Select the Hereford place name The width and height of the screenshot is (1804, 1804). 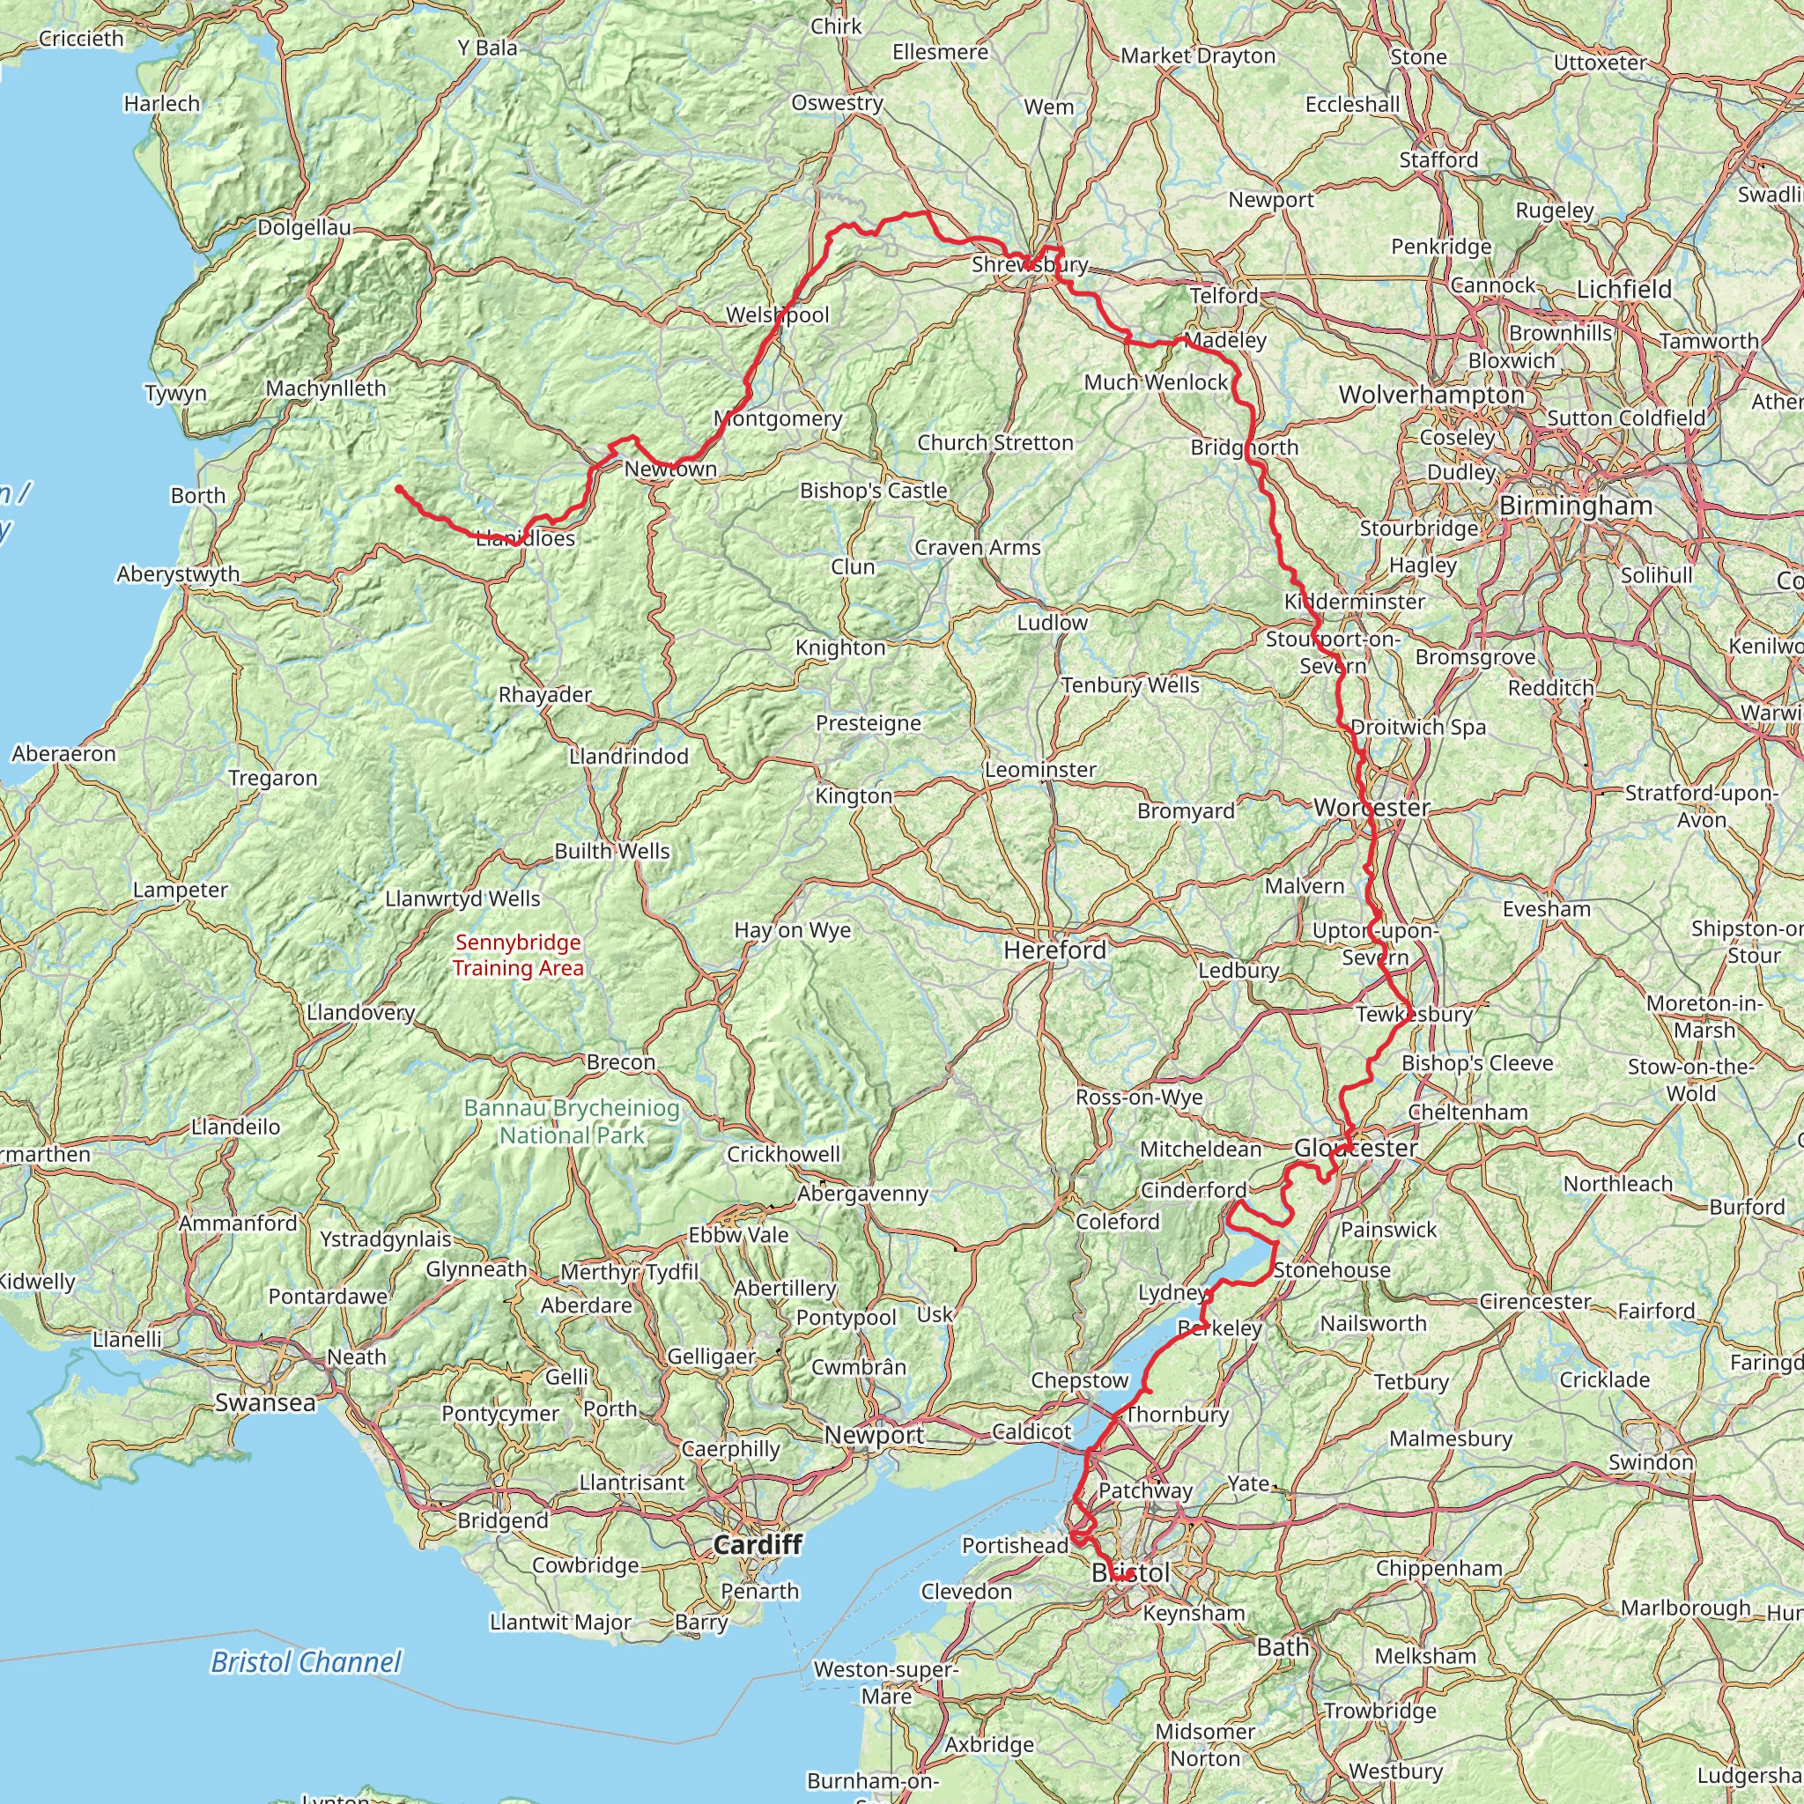click(1054, 950)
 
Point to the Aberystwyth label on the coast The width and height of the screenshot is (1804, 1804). click(178, 573)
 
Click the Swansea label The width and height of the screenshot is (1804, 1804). click(265, 1401)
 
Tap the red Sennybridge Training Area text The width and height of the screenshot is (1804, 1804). click(518, 954)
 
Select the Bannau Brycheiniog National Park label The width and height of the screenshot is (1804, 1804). click(572, 1121)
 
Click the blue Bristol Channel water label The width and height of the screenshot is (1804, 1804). click(306, 1661)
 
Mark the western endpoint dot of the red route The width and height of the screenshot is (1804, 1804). click(399, 488)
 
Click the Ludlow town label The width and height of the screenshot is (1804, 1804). click(1053, 622)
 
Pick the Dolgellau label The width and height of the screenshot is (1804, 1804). click(305, 227)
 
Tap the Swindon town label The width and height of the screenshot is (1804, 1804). click(1651, 1461)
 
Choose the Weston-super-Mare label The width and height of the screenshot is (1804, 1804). click(885, 1682)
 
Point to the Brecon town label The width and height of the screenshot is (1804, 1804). click(621, 1061)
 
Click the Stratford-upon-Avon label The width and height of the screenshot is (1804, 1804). click(1701, 806)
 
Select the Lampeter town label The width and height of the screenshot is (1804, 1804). click(181, 889)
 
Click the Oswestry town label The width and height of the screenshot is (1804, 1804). click(837, 102)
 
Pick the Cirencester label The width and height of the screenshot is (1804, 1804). click(1535, 1301)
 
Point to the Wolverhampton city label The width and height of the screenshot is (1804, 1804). click(1431, 394)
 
